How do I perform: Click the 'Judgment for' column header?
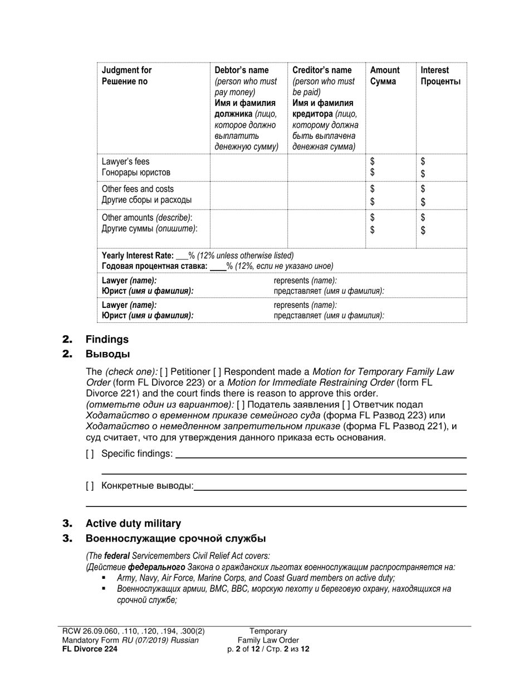pyautogui.click(x=126, y=70)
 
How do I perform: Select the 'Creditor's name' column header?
pyautogui.click(x=322, y=70)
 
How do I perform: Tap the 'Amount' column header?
pyautogui.click(x=385, y=70)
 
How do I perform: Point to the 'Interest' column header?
pyautogui.click(x=435, y=70)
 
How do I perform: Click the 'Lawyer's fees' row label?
pyautogui.click(x=126, y=162)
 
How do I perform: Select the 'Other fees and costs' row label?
pyautogui.click(x=138, y=189)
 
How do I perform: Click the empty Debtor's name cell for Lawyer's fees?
pyautogui.click(x=248, y=167)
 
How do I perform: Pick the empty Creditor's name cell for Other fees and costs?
pyautogui.click(x=326, y=195)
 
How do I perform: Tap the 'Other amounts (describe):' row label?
pyautogui.click(x=147, y=217)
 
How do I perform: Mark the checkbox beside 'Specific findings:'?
pyautogui.click(x=90, y=454)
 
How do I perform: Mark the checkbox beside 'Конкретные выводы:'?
pyautogui.click(x=90, y=486)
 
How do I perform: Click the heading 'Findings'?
pyautogui.click(x=107, y=339)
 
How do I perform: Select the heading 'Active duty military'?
pyautogui.click(x=133, y=523)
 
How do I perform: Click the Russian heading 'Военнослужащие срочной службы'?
pyautogui.click(x=175, y=538)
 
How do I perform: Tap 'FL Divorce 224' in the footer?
pyautogui.click(x=90, y=649)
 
